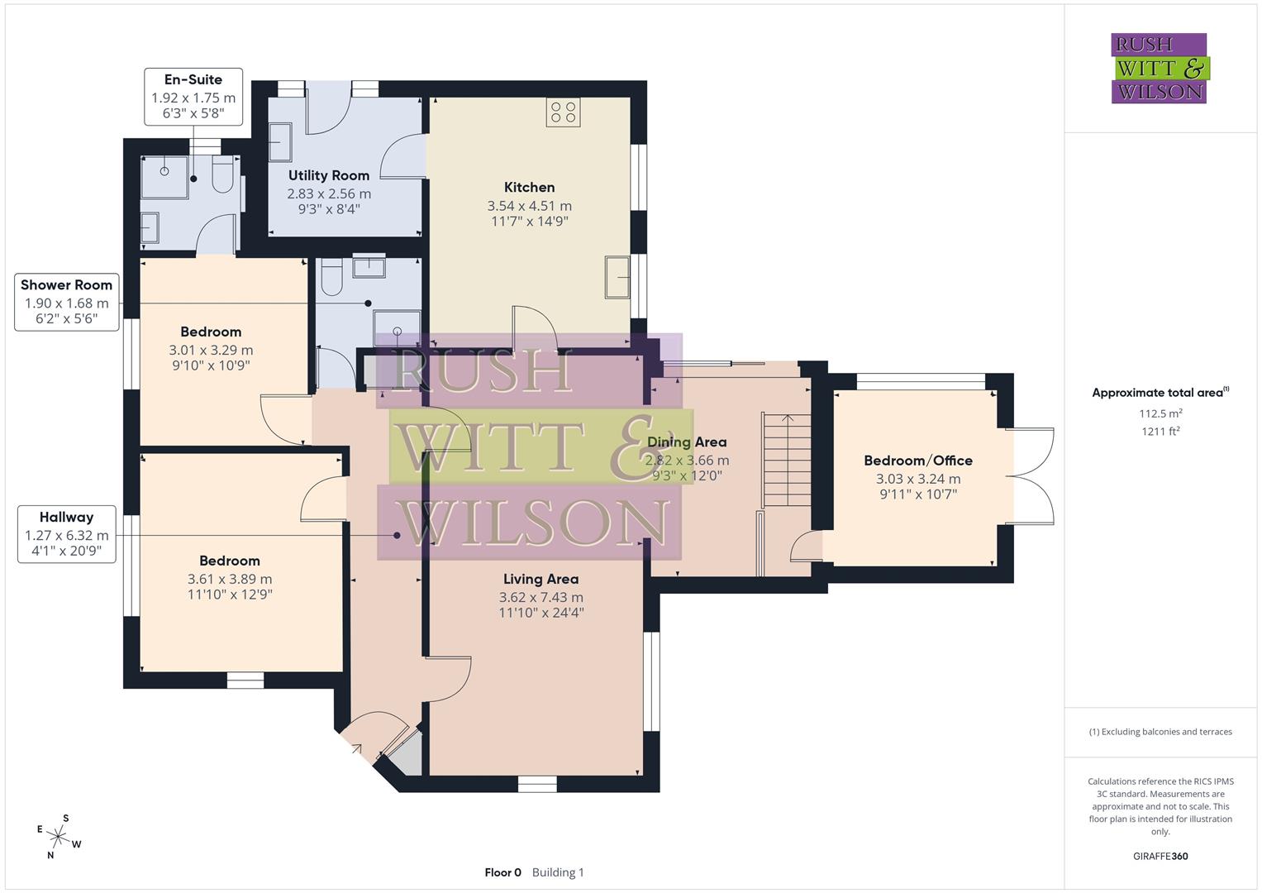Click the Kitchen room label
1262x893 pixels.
[529, 188]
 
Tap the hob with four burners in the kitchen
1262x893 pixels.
[563, 112]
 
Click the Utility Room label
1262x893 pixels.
[328, 175]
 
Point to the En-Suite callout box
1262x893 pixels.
[193, 96]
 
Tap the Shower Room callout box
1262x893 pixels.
[66, 301]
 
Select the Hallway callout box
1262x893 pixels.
[66, 534]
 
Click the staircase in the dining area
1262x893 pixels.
[788, 460]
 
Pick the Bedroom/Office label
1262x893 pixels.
[917, 461]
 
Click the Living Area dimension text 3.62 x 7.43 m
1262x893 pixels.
[541, 597]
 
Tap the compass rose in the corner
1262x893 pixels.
[59, 836]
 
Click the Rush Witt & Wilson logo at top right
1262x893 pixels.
[1159, 68]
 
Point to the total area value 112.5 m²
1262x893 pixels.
[1160, 413]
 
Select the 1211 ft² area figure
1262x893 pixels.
[1160, 431]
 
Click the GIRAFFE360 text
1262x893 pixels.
[1160, 856]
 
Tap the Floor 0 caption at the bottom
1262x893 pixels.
[502, 872]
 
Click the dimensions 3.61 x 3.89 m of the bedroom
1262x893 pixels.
[230, 579]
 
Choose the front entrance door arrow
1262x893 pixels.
[356, 749]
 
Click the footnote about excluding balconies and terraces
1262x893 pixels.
[1160, 732]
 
